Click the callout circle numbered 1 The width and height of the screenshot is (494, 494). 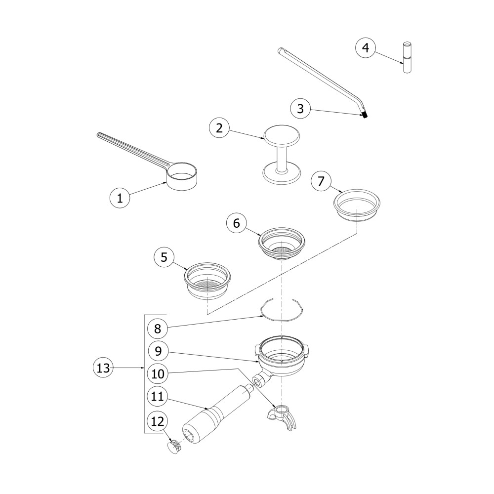[120, 198]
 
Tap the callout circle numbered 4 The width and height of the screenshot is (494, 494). [366, 48]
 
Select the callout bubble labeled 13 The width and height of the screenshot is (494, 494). [103, 368]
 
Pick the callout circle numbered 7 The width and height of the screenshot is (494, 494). [321, 181]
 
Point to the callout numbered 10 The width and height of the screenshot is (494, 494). [158, 374]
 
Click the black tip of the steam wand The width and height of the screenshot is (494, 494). [365, 115]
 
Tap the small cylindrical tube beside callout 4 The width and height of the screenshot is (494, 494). [407, 58]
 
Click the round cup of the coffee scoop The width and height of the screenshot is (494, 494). [182, 176]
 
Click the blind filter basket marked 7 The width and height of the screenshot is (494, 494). [357, 206]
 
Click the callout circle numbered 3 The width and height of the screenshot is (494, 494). [300, 108]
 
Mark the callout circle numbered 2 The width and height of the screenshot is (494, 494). [219, 127]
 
